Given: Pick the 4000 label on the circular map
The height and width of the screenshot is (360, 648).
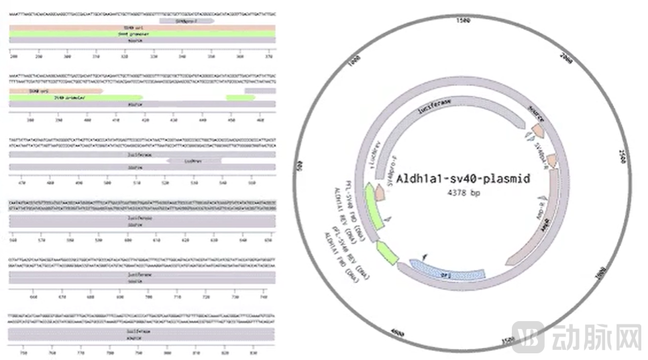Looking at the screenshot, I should coord(398,331).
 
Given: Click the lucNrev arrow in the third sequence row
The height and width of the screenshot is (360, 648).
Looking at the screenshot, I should coord(193,161).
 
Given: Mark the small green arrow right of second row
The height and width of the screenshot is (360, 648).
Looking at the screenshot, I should coord(241,98).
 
